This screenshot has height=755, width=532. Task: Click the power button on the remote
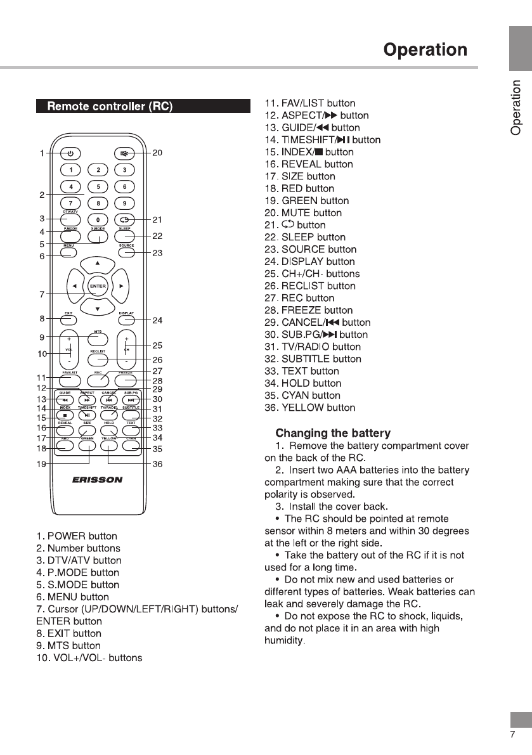[x=70, y=153]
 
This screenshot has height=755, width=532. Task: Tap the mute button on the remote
[x=125, y=153]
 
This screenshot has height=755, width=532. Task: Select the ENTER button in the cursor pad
[x=98, y=286]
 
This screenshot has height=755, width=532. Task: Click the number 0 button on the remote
[x=98, y=220]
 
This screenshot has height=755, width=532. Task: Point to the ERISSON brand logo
[x=98, y=480]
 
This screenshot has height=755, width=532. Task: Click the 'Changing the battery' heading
[x=333, y=434]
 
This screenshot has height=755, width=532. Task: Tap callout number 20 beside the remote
[x=158, y=153]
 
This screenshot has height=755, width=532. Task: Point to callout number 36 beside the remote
[x=158, y=464]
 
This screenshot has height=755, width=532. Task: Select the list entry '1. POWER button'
[x=77, y=536]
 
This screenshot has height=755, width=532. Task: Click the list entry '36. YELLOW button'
[x=309, y=408]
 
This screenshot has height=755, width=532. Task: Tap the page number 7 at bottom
[x=512, y=735]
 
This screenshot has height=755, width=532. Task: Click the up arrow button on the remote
[x=98, y=262]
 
